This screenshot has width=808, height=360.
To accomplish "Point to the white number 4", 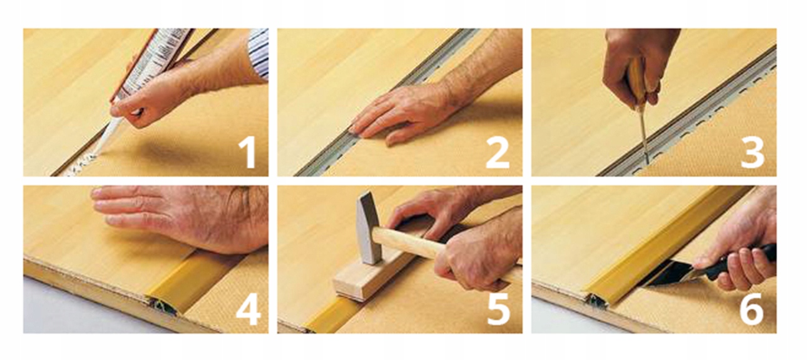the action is coord(248,309).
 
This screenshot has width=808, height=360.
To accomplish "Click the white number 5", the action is coord(499,309).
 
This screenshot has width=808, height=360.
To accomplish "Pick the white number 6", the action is coord(752,309).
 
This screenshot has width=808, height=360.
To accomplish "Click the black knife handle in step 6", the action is coord(739,262).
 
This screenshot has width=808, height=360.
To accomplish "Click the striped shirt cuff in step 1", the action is coord(260,53).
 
